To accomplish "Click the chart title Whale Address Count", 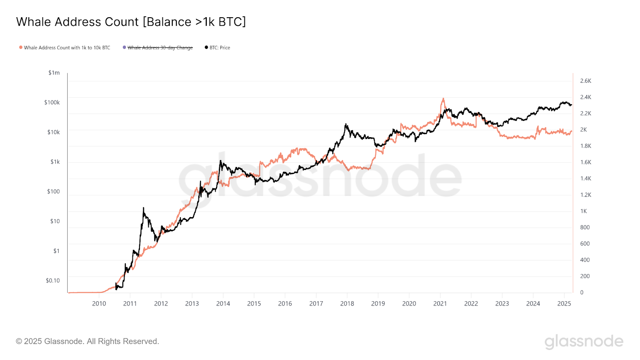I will (131, 22).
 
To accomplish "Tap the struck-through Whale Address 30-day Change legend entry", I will (160, 48).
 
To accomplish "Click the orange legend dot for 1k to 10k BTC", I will (21, 48).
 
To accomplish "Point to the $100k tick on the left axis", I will (52, 102).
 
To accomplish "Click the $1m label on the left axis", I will (54, 73).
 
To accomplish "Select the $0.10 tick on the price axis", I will (53, 280).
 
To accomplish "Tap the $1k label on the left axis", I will (55, 162).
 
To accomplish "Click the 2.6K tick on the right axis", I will (586, 81).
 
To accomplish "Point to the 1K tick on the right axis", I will (584, 211).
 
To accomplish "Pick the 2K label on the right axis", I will (584, 130).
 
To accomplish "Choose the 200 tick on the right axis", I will (585, 276).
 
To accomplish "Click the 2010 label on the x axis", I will (99, 304).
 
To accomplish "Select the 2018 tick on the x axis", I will (347, 304).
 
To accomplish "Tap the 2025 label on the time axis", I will (564, 304).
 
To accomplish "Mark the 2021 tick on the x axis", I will (440, 304).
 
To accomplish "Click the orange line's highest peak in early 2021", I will (443, 98).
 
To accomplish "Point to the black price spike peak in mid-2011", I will (143, 208).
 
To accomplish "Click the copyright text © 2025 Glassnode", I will (88, 341).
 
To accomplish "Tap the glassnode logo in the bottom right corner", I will (584, 341).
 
